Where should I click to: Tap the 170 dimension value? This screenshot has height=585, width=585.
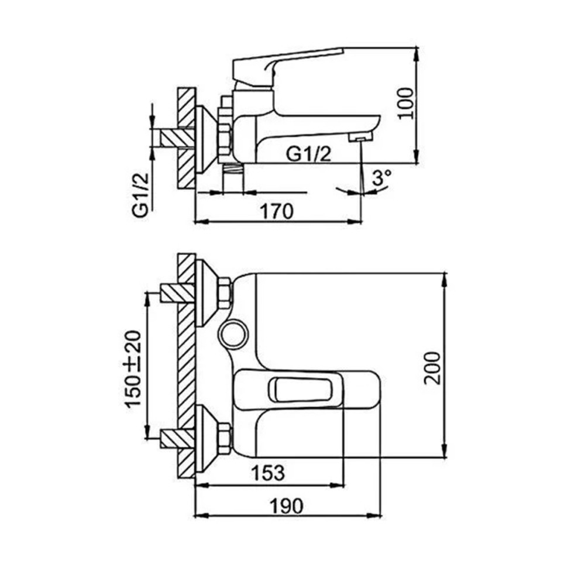click(277, 212)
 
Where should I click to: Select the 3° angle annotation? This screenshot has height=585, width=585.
click(381, 178)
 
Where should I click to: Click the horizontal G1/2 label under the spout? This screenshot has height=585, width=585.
click(308, 154)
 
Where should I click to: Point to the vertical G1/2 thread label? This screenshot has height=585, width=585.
click(140, 195)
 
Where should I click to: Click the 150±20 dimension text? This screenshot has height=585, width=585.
click(133, 369)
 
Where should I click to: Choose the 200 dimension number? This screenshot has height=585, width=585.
click(432, 367)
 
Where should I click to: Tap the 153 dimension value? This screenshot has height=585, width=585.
click(268, 473)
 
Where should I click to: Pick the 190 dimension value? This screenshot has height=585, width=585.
click(287, 506)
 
